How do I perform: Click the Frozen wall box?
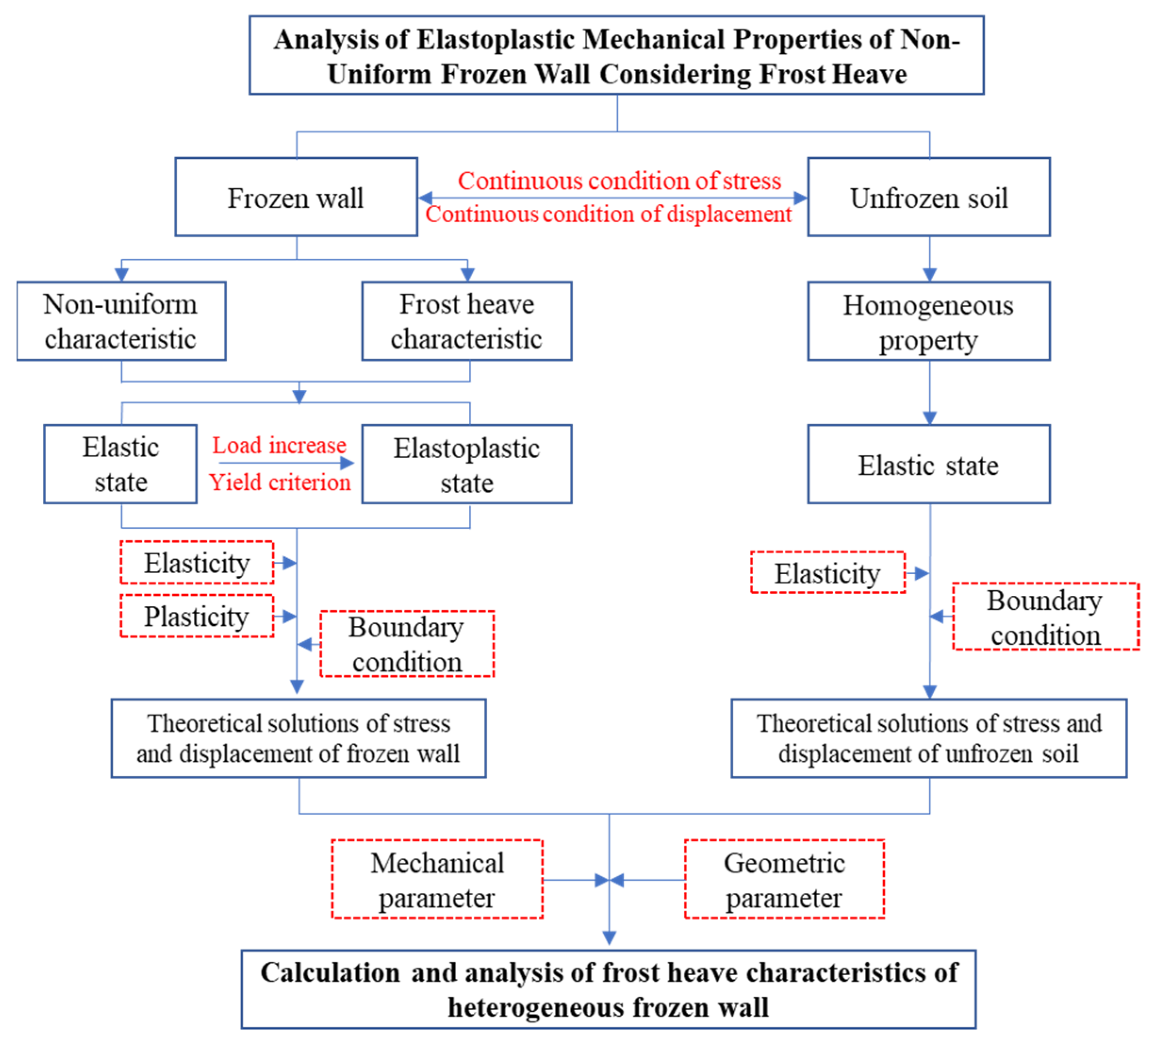[x=296, y=197]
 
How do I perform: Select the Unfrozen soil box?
[x=928, y=197]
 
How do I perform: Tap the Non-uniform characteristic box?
[x=121, y=321]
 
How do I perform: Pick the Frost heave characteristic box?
[x=466, y=321]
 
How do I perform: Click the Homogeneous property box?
[x=928, y=321]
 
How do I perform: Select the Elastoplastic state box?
[x=466, y=464]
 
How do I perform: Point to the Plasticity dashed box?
[x=197, y=616]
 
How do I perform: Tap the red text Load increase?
[x=279, y=445]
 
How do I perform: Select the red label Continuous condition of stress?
[x=619, y=180]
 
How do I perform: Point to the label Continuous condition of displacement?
[x=608, y=214]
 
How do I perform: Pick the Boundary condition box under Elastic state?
[x=1045, y=617]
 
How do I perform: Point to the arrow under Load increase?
[x=286, y=463]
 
